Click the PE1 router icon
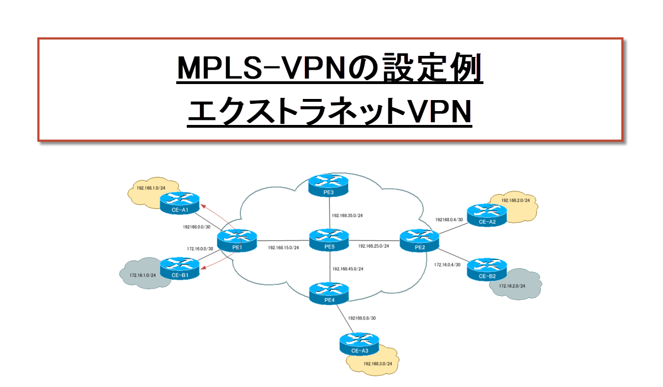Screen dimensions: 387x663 click(x=238, y=240)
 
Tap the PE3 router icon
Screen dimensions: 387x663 click(x=329, y=185)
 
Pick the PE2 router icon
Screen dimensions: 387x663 click(x=419, y=240)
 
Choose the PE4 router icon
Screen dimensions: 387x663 click(x=330, y=292)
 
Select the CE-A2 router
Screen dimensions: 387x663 click(x=486, y=215)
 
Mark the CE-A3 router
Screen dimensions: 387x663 click(x=359, y=343)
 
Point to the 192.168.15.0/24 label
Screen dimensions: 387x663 click(x=283, y=248)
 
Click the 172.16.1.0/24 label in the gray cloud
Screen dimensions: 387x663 click(x=143, y=275)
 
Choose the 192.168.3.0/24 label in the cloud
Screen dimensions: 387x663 click(x=378, y=364)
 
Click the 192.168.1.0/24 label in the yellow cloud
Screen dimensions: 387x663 click(x=150, y=188)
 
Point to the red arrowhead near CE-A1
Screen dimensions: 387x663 click(x=202, y=206)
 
